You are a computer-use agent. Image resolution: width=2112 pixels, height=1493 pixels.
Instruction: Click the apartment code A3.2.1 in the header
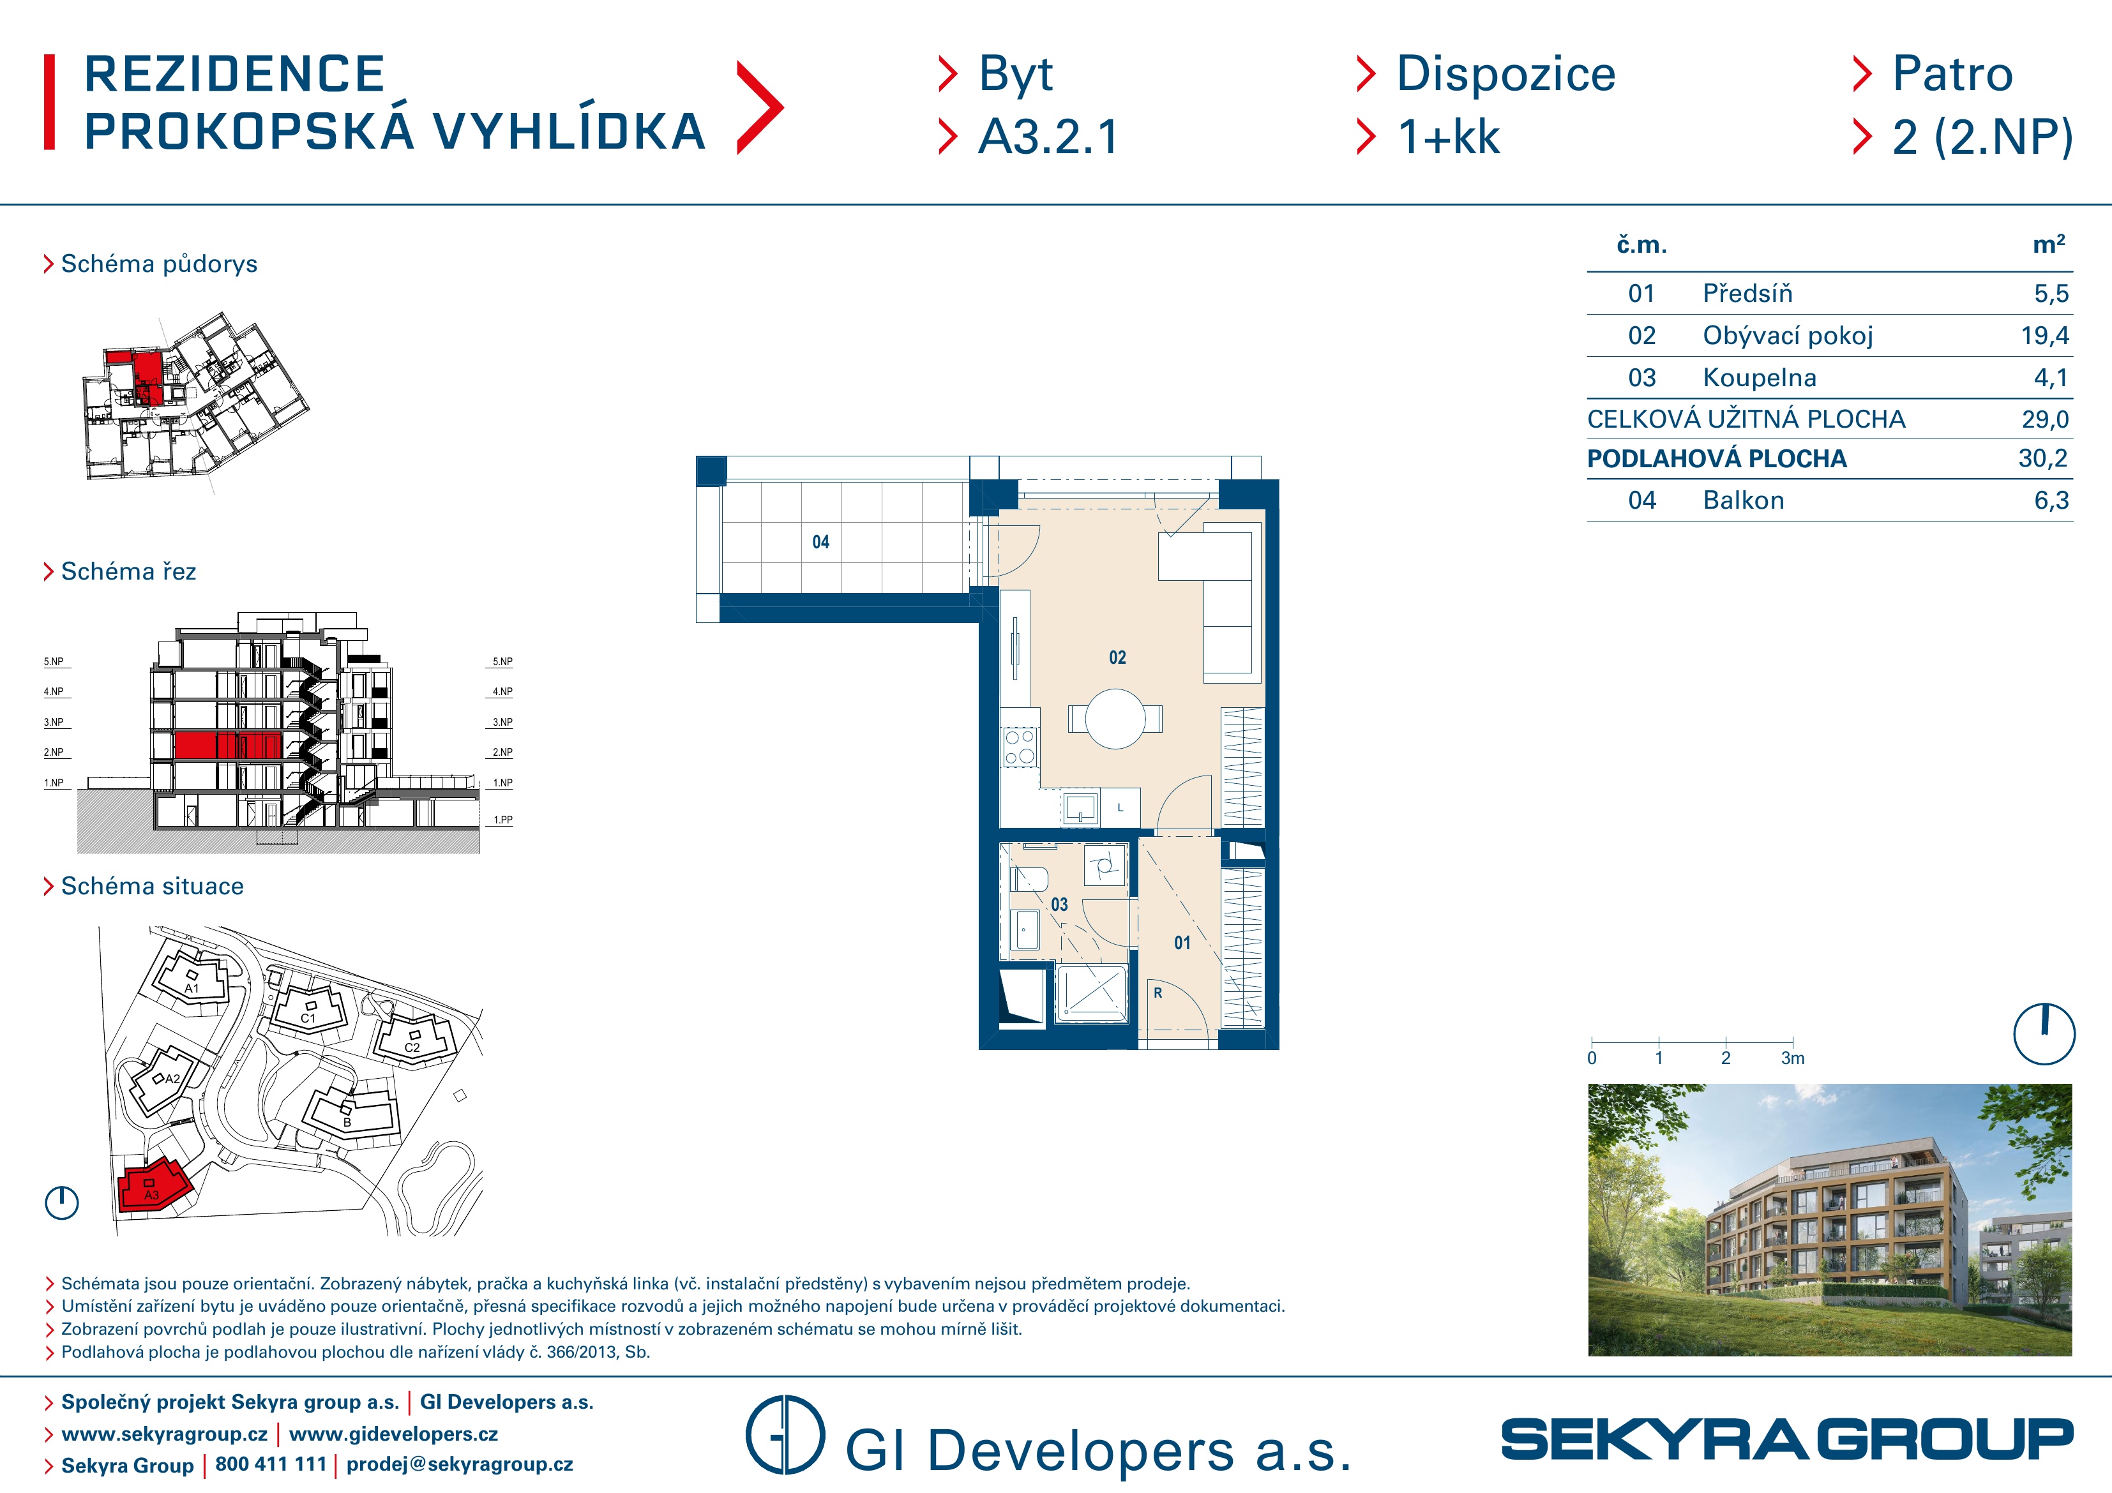click(1048, 137)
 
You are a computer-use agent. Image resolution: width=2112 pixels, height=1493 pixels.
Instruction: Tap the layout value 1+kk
click(1449, 137)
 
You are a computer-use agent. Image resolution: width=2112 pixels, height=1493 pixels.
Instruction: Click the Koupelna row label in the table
click(1759, 377)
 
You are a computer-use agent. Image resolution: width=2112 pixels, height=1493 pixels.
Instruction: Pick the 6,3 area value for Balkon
click(2051, 500)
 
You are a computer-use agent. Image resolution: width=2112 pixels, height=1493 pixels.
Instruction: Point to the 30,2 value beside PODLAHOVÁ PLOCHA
click(2043, 458)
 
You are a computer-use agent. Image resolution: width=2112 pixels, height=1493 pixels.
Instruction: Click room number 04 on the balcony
click(820, 543)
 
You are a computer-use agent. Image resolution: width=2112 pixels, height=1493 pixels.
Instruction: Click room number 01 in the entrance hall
click(1182, 943)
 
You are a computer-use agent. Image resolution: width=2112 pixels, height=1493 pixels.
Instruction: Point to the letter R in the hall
click(1158, 993)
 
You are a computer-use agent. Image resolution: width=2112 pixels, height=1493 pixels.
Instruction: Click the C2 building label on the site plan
click(412, 1047)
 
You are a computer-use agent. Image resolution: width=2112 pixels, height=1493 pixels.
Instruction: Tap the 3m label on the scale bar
click(1793, 1059)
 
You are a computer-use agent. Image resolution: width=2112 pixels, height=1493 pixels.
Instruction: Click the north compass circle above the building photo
click(2044, 1034)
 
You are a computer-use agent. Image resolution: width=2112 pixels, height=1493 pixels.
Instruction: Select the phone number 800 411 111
click(271, 1464)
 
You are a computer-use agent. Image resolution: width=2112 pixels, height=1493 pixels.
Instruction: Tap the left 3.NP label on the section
click(54, 722)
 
